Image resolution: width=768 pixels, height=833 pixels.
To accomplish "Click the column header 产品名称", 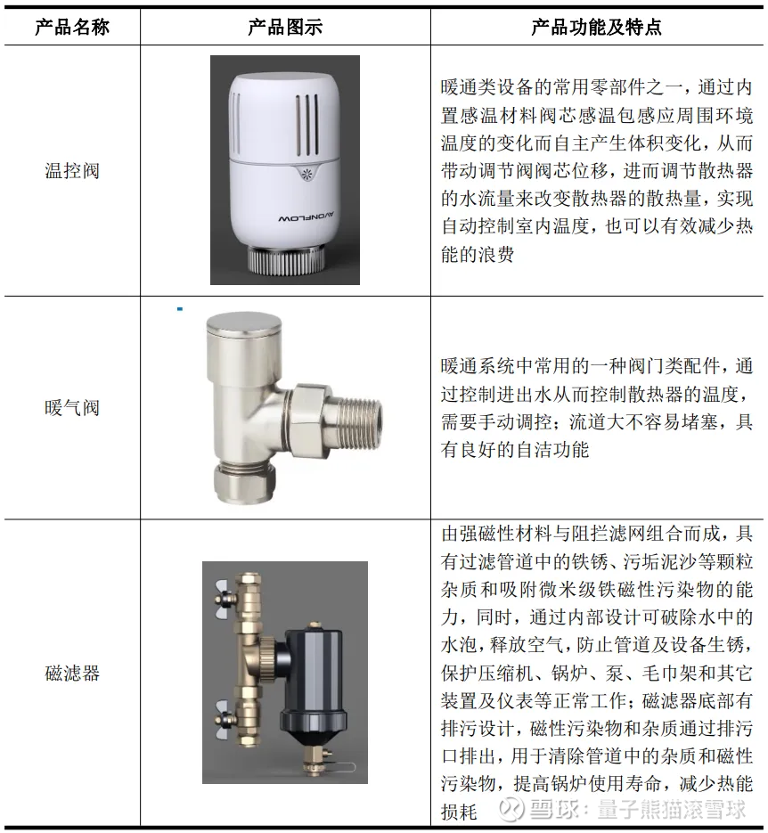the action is [x=71, y=27].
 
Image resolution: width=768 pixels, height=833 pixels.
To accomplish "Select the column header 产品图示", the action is [x=285, y=27].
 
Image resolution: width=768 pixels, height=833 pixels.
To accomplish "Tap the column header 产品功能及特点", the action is [x=596, y=27].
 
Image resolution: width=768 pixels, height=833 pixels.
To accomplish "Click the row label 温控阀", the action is [x=72, y=171].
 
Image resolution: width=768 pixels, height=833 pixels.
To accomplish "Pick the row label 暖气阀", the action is [x=72, y=408].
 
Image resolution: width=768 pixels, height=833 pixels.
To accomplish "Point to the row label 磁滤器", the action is [x=72, y=674].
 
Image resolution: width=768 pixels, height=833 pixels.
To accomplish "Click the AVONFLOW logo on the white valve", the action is [x=306, y=217].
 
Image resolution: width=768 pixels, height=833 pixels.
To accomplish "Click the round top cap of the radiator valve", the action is [x=244, y=325].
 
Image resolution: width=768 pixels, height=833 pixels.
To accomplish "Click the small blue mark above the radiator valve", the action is [x=180, y=308].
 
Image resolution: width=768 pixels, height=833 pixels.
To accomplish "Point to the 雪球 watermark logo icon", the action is [x=512, y=809].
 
